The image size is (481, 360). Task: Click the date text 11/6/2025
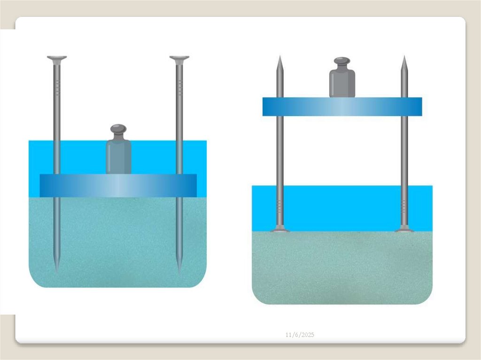pos(300,335)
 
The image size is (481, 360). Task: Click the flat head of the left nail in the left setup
pos(57,58)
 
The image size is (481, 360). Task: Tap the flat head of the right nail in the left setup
pos(179,58)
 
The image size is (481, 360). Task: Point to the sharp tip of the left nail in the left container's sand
pos(56,271)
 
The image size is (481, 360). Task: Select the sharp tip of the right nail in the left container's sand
pos(179,271)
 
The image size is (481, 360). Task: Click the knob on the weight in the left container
pos(118,129)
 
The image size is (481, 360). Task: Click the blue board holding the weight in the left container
pos(118,185)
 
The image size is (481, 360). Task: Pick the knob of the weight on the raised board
pos(342,61)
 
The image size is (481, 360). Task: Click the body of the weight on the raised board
pos(342,84)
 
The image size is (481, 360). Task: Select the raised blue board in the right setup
pos(342,107)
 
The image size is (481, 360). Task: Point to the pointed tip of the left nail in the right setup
pos(280,56)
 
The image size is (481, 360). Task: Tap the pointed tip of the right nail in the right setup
pos(404,56)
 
